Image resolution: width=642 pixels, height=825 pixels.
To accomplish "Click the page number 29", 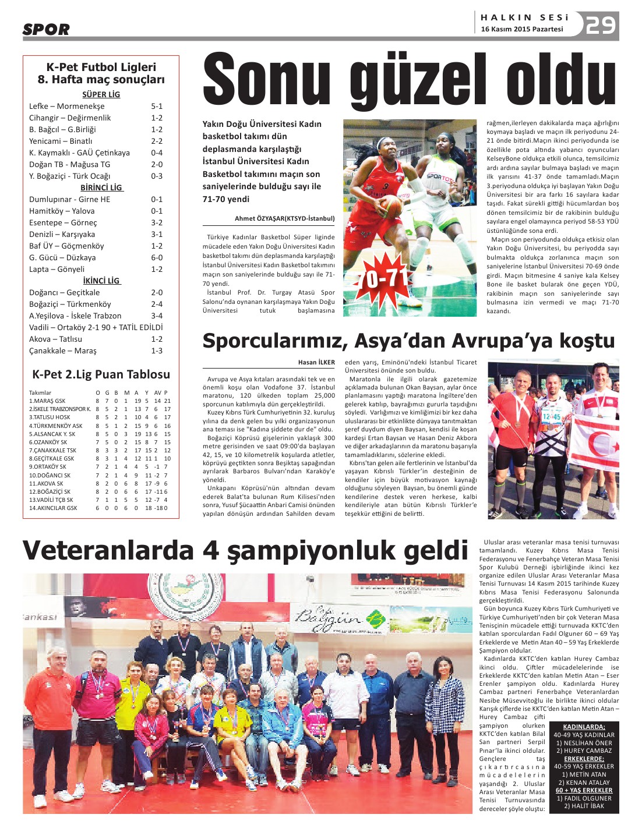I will [601, 25].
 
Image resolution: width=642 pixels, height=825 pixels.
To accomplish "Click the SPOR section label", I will [46, 29].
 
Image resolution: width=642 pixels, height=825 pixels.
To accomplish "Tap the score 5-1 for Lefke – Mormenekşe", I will [157, 107].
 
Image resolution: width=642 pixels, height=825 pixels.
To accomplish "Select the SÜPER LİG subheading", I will [101, 94].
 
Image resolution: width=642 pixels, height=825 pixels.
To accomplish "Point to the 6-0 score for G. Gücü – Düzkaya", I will [157, 258].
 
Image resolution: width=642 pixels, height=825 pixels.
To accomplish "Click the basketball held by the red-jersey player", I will [391, 206].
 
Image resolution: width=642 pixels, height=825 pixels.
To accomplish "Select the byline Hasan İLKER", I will [316, 362].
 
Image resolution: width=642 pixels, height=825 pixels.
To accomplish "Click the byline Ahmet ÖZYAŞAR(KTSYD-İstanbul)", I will [284, 219].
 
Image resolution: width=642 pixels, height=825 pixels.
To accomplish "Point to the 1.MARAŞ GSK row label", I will [47, 401].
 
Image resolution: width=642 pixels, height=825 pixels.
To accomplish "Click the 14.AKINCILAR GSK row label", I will [53, 508].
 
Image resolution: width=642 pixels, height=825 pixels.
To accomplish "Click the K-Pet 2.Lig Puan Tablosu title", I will [101, 374].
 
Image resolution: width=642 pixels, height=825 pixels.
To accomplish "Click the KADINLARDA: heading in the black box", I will [584, 727].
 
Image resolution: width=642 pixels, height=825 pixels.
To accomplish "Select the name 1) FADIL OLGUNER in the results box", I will [584, 798].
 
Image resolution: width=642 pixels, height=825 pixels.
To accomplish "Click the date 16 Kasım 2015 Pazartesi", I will [521, 29].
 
